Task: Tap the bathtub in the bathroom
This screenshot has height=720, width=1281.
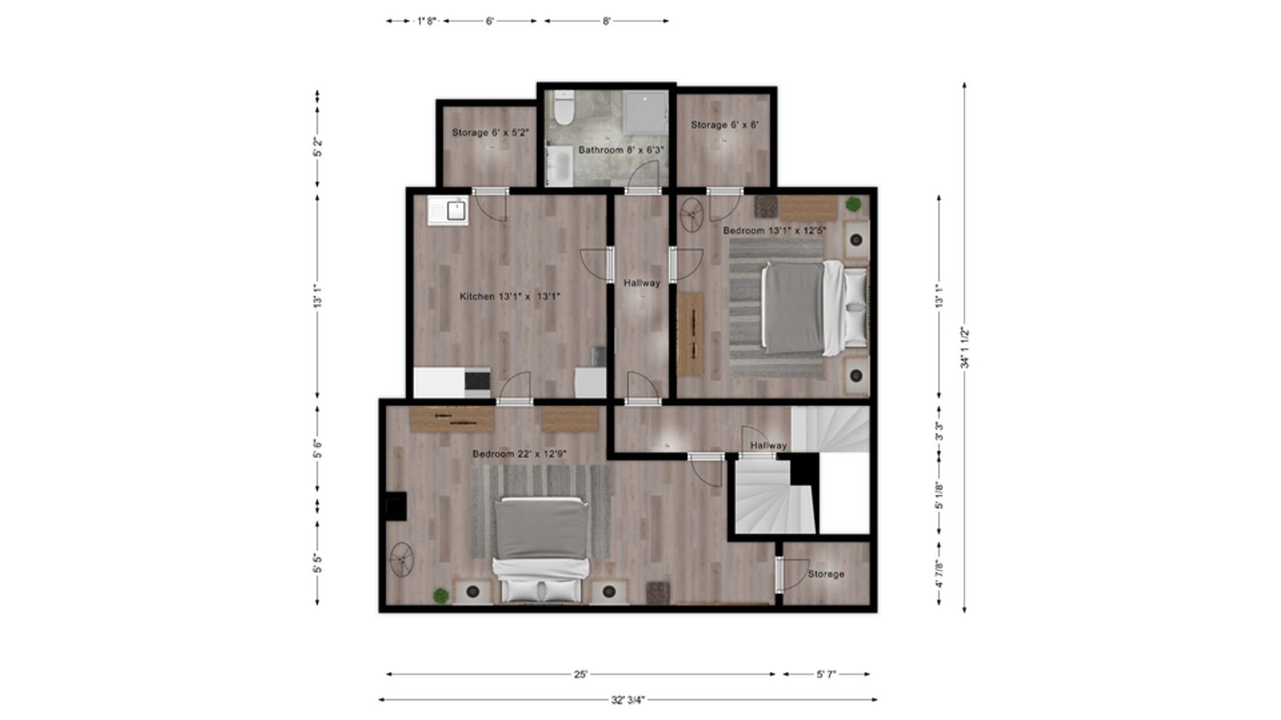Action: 559,165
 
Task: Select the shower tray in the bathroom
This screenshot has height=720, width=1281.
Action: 645,113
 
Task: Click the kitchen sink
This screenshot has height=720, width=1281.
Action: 448,211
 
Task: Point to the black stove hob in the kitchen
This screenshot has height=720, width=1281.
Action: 477,381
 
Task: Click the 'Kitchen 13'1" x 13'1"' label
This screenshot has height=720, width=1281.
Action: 510,297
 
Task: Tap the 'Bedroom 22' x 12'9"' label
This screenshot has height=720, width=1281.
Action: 520,454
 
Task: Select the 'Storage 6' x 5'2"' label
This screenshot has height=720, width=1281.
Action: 490,133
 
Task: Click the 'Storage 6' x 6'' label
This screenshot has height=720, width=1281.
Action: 725,125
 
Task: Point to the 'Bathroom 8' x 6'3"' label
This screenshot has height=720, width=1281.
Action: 621,150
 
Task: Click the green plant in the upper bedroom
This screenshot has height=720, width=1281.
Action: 853,204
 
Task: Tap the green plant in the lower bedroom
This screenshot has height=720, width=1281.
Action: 441,595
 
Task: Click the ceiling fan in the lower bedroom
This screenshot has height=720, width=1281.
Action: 402,560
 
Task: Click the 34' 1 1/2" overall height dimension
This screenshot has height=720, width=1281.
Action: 965,347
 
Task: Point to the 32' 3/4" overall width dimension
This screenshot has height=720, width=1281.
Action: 628,700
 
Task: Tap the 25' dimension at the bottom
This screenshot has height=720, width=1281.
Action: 580,675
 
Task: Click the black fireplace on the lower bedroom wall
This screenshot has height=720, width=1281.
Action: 396,506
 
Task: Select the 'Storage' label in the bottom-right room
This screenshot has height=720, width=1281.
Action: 826,574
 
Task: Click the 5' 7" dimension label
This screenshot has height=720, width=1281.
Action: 826,675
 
